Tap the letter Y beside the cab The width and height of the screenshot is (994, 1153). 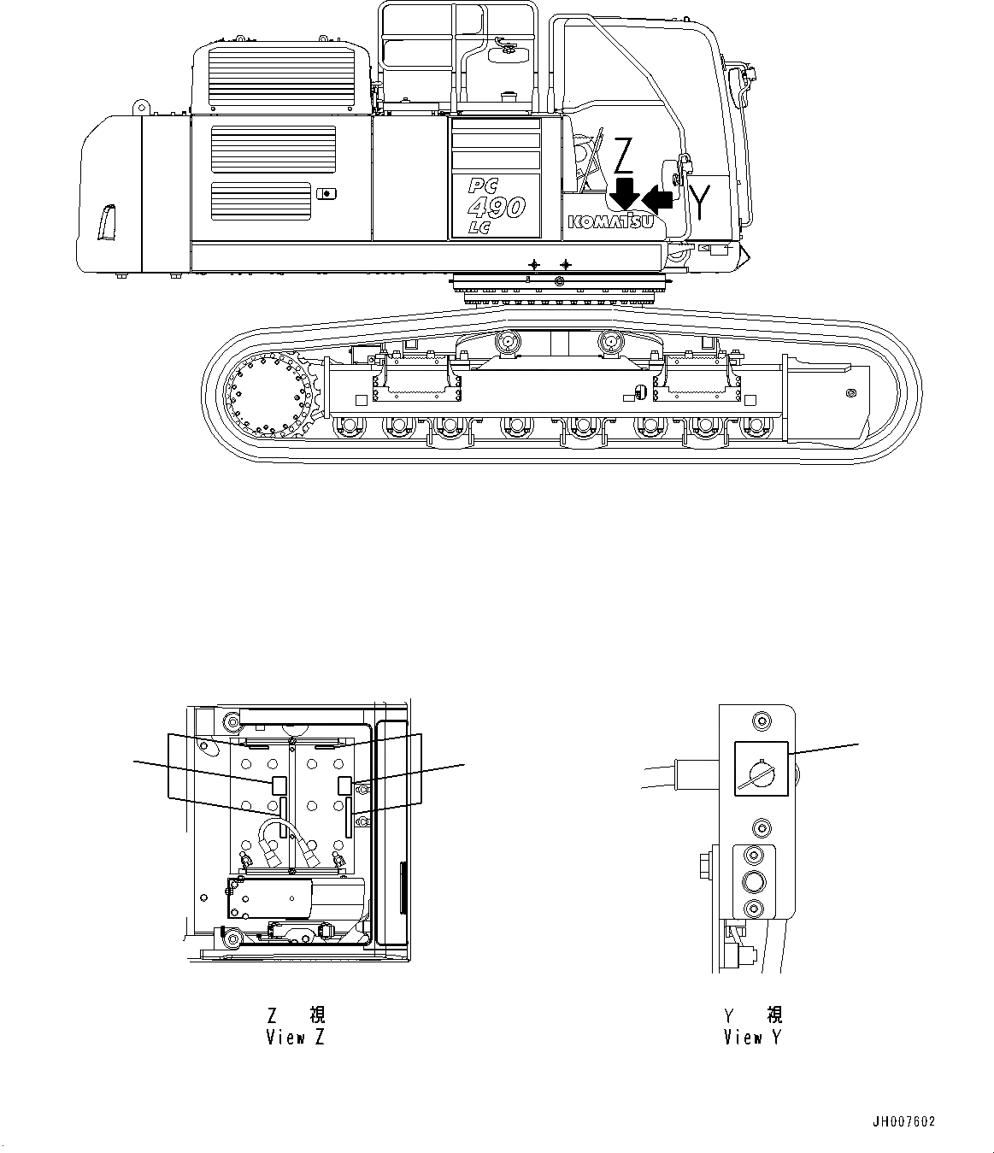click(x=701, y=203)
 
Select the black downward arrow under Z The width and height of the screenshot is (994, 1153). click(x=626, y=192)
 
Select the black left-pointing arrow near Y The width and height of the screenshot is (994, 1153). click(x=658, y=198)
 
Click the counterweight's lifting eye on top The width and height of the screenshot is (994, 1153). click(x=137, y=107)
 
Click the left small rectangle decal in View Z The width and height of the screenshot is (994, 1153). click(x=279, y=784)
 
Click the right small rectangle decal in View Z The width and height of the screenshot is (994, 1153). click(x=344, y=785)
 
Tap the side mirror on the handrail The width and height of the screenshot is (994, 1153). click(x=503, y=54)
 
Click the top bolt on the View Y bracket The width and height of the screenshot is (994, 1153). click(x=759, y=720)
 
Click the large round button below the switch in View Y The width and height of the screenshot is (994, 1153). click(x=754, y=881)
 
